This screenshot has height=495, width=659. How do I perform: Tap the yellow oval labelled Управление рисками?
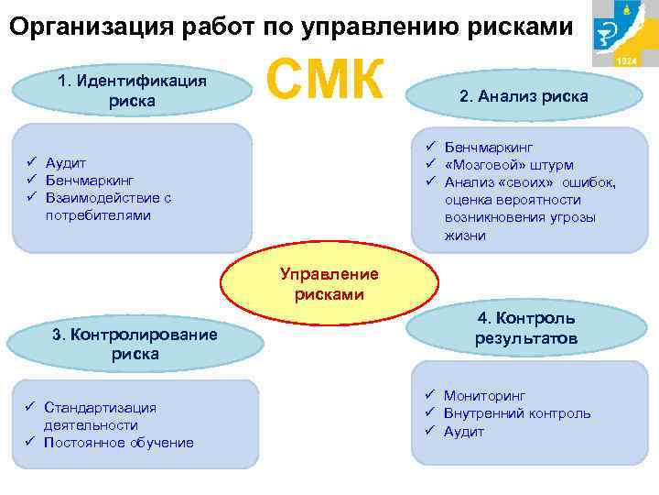[329, 284]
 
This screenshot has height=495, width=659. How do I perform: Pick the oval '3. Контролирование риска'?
[135, 343]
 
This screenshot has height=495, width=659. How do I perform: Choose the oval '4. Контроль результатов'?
[525, 328]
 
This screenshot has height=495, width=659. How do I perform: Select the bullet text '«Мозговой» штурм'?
[508, 165]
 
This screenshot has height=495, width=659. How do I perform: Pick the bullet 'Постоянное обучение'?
[118, 443]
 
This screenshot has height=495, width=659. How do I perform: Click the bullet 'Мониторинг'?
[484, 395]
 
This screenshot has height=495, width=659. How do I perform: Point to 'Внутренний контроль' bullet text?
[517, 413]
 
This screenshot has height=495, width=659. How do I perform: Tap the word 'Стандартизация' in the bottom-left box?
[100, 407]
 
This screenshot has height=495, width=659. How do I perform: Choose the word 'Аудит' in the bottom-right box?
[464, 432]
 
